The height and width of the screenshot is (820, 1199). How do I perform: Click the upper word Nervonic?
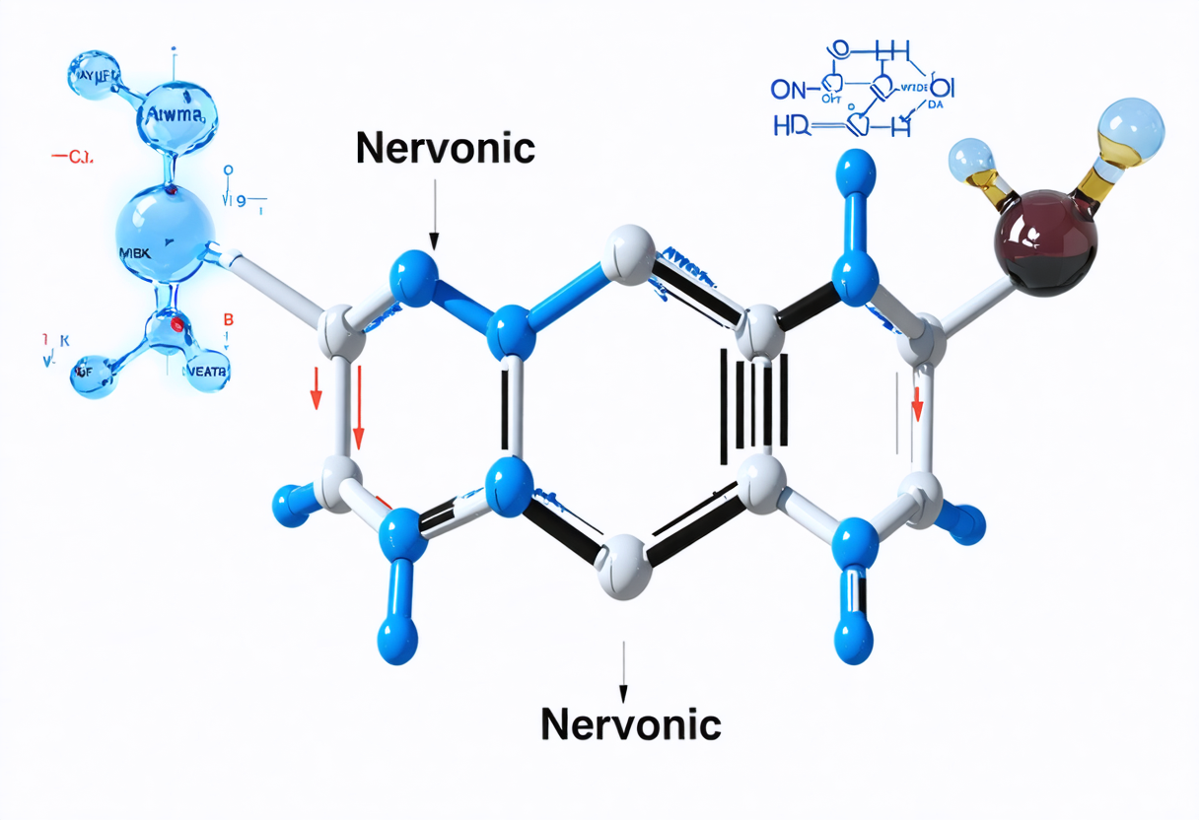(445, 149)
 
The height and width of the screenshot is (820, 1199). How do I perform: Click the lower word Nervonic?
(631, 724)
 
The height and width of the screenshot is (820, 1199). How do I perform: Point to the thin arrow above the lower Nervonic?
(622, 667)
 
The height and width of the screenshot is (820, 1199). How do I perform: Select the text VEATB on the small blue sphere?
(206, 371)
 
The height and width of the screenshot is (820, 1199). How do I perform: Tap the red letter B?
(229, 319)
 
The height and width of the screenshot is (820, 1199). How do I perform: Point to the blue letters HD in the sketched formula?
(792, 125)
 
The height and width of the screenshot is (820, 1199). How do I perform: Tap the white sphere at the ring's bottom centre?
(626, 565)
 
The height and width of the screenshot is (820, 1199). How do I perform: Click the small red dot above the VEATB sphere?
(176, 323)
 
